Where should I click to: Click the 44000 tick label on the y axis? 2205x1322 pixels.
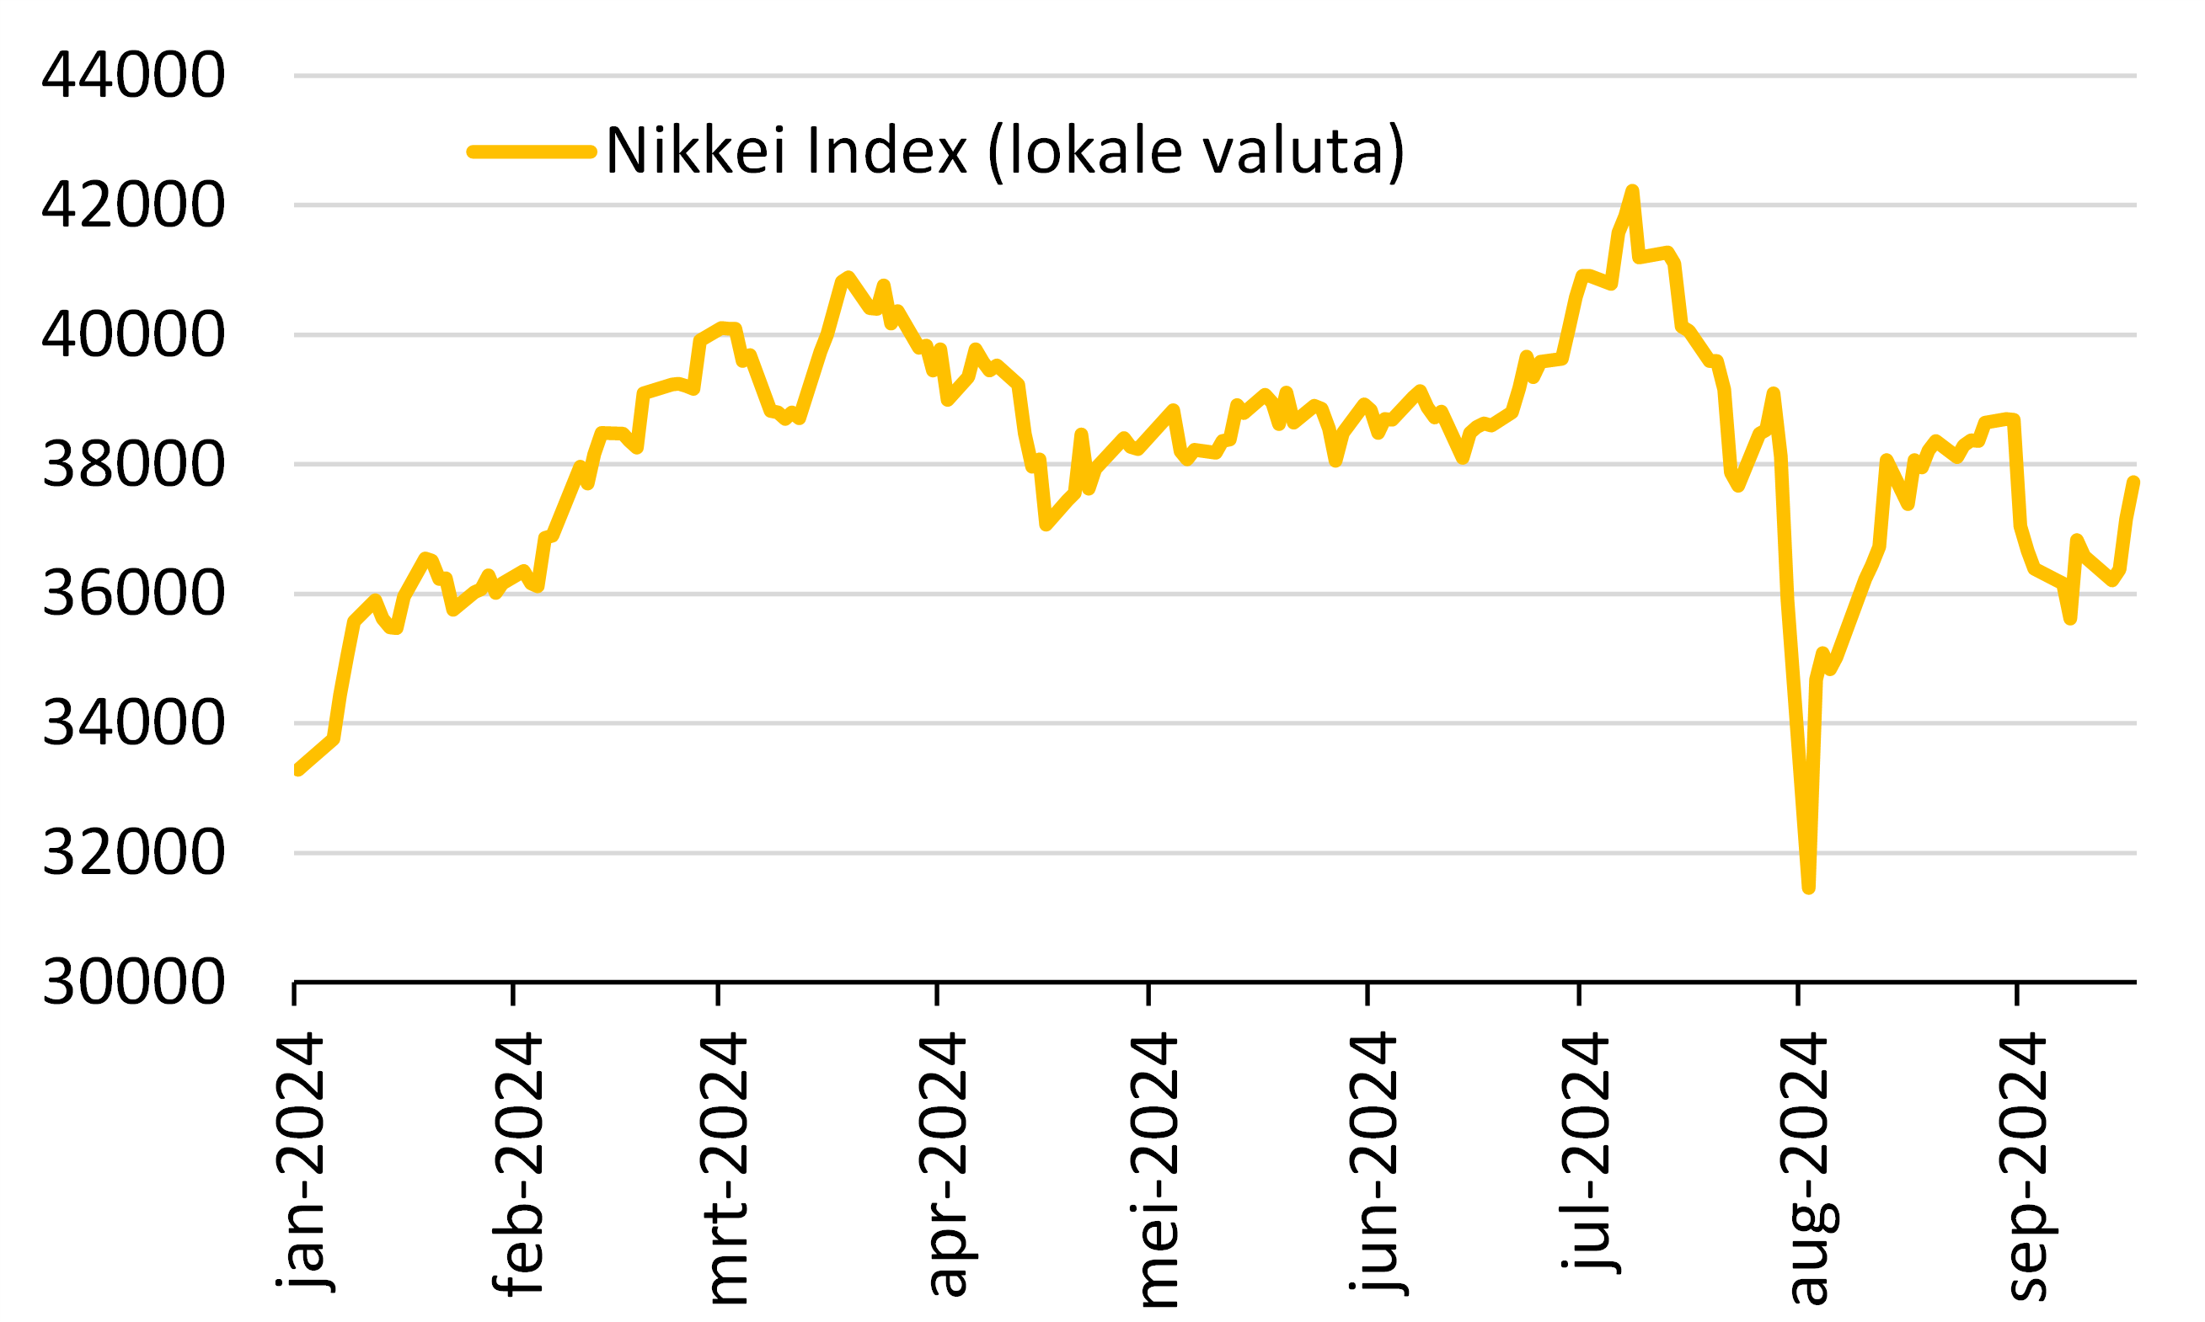pos(134,75)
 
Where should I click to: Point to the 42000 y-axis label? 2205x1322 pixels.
pos(134,205)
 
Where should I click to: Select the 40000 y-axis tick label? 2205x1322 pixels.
pos(134,335)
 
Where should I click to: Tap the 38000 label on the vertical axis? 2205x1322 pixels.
pos(134,465)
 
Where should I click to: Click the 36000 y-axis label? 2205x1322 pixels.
pos(134,594)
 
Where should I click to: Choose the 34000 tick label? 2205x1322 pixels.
pos(134,723)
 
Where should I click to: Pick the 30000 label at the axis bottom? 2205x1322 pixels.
pos(134,983)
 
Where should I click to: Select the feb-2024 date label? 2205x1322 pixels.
pos(518,1163)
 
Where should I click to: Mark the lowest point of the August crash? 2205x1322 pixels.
pos(1808,888)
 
